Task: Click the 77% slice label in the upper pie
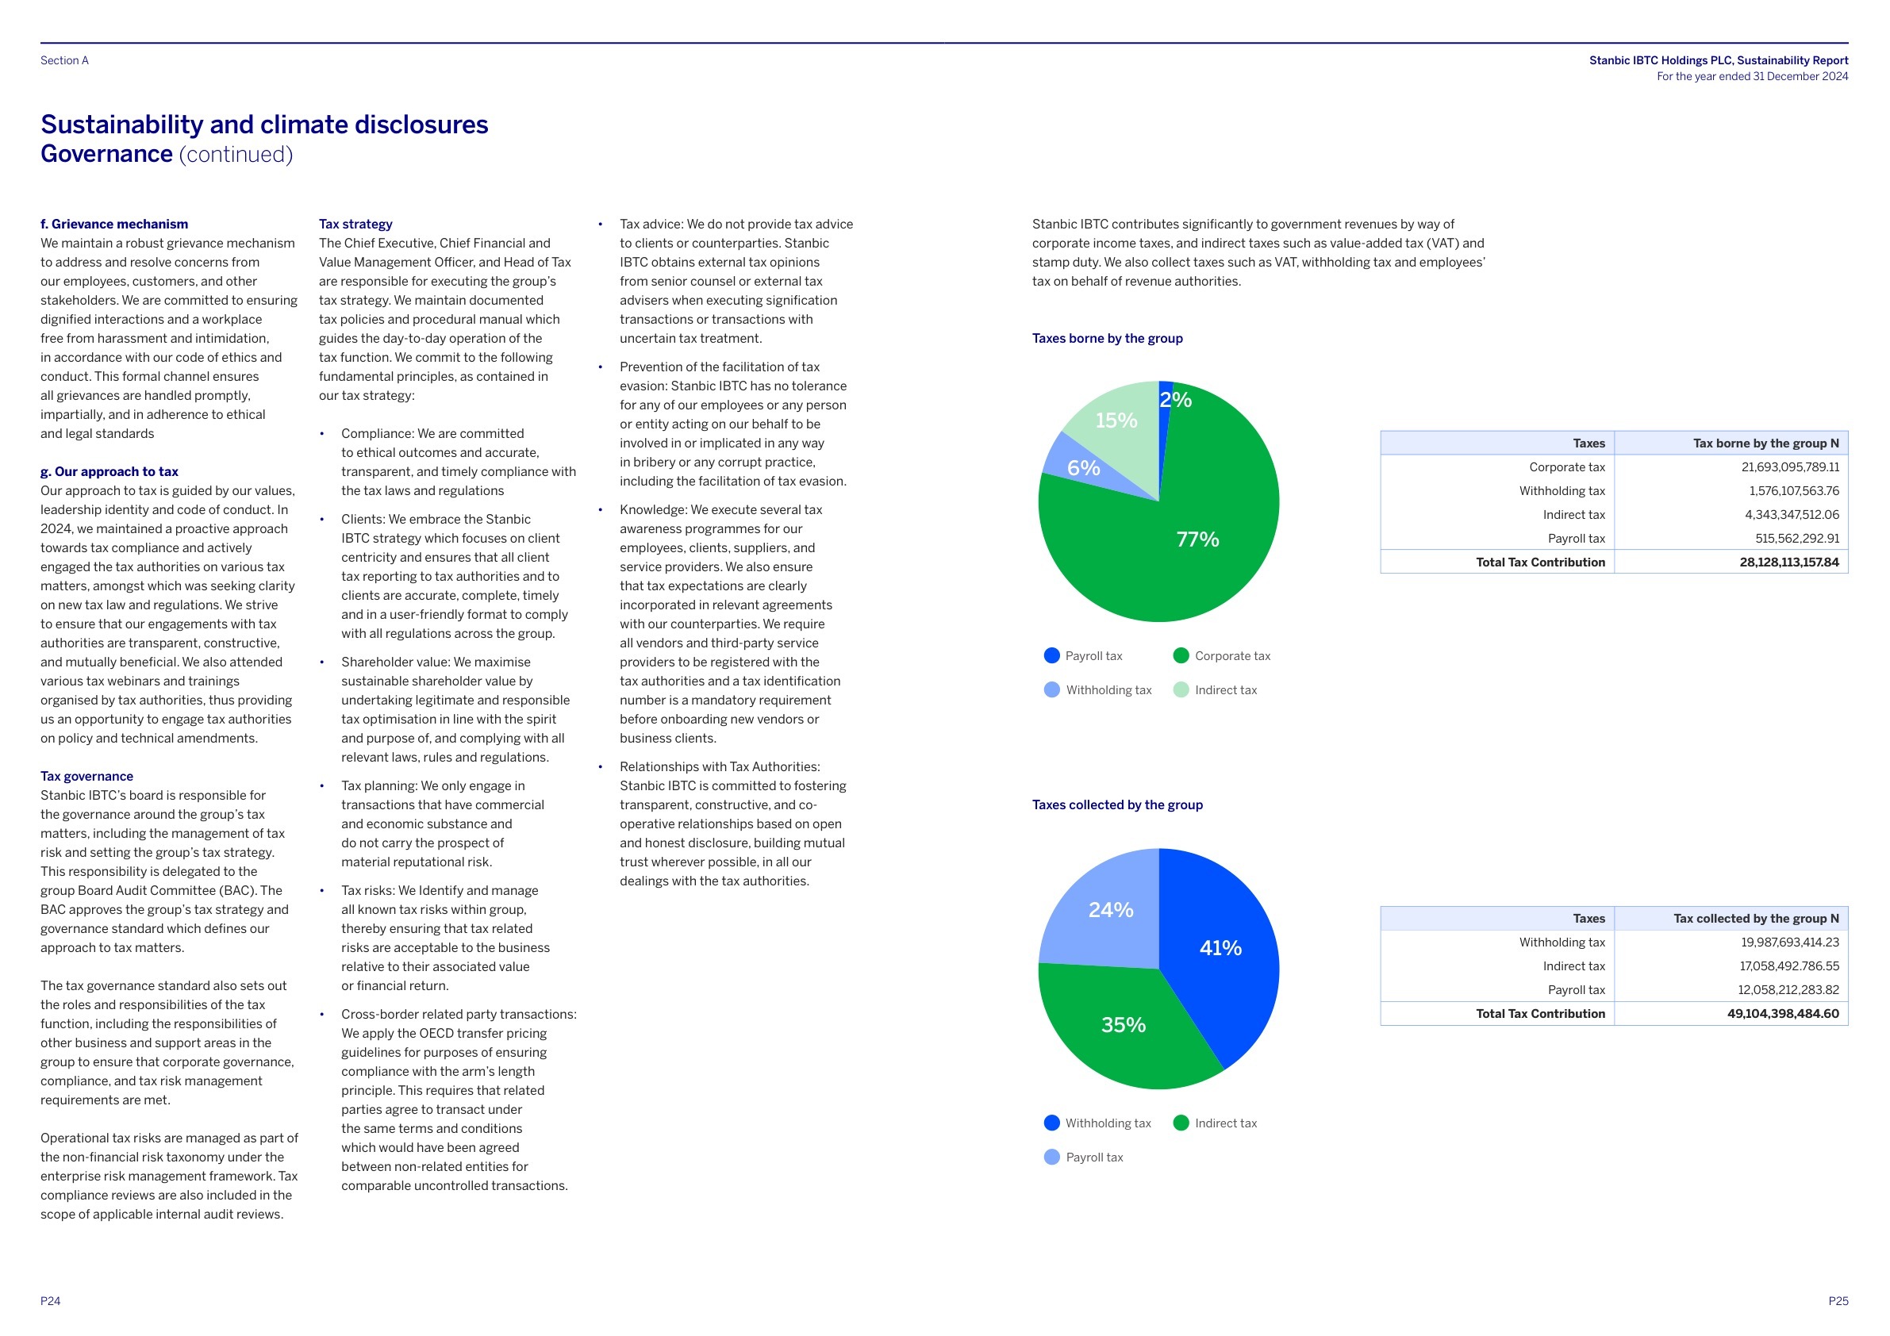pyautogui.click(x=1197, y=539)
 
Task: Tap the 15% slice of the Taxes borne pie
pyautogui.click(x=1116, y=420)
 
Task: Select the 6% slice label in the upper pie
pyautogui.click(x=1083, y=468)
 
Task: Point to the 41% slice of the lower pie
pyautogui.click(x=1220, y=948)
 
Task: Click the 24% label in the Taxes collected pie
pyautogui.click(x=1111, y=910)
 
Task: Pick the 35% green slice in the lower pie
pyautogui.click(x=1123, y=1025)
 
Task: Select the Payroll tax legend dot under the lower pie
pyautogui.click(x=1051, y=1157)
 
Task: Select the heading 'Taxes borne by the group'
pyautogui.click(x=1107, y=338)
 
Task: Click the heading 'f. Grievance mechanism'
pyautogui.click(x=114, y=224)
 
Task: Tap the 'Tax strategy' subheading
pyautogui.click(x=355, y=224)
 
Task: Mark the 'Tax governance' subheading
pyautogui.click(x=86, y=776)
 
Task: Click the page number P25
pyautogui.click(x=1838, y=1301)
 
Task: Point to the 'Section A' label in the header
pyautogui.click(x=64, y=60)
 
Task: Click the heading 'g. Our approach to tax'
pyautogui.click(x=109, y=472)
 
